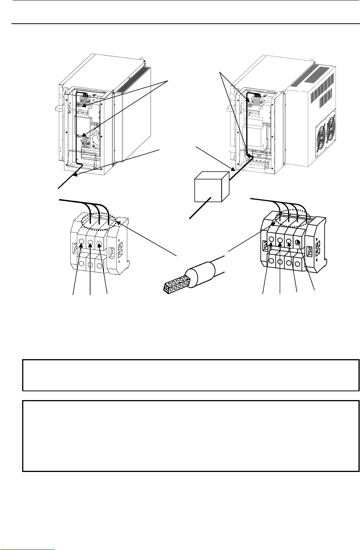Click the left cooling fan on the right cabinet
pos(322,139)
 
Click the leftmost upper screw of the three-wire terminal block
pos(81,242)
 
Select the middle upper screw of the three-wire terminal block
pos(91,242)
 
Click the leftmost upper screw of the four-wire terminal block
pos(271,240)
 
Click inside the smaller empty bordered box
pos(191,375)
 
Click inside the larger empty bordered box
pos(191,436)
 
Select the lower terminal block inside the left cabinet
pos(88,142)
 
